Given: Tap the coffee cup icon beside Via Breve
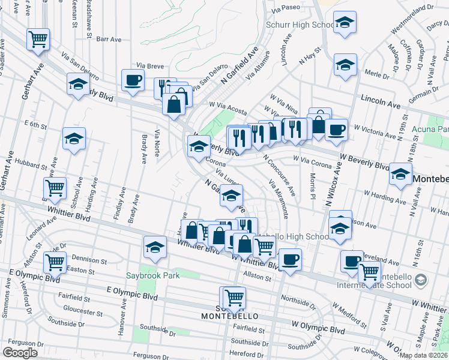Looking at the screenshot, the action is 133,80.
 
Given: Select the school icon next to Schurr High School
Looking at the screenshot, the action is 344,24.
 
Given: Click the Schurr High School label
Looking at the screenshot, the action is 300,25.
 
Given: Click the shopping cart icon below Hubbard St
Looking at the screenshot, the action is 55,188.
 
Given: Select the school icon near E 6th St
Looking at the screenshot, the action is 74,139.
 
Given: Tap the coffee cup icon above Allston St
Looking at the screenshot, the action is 291,259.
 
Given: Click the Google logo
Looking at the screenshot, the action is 20,352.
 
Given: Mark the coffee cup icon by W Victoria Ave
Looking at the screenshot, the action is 336,129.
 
